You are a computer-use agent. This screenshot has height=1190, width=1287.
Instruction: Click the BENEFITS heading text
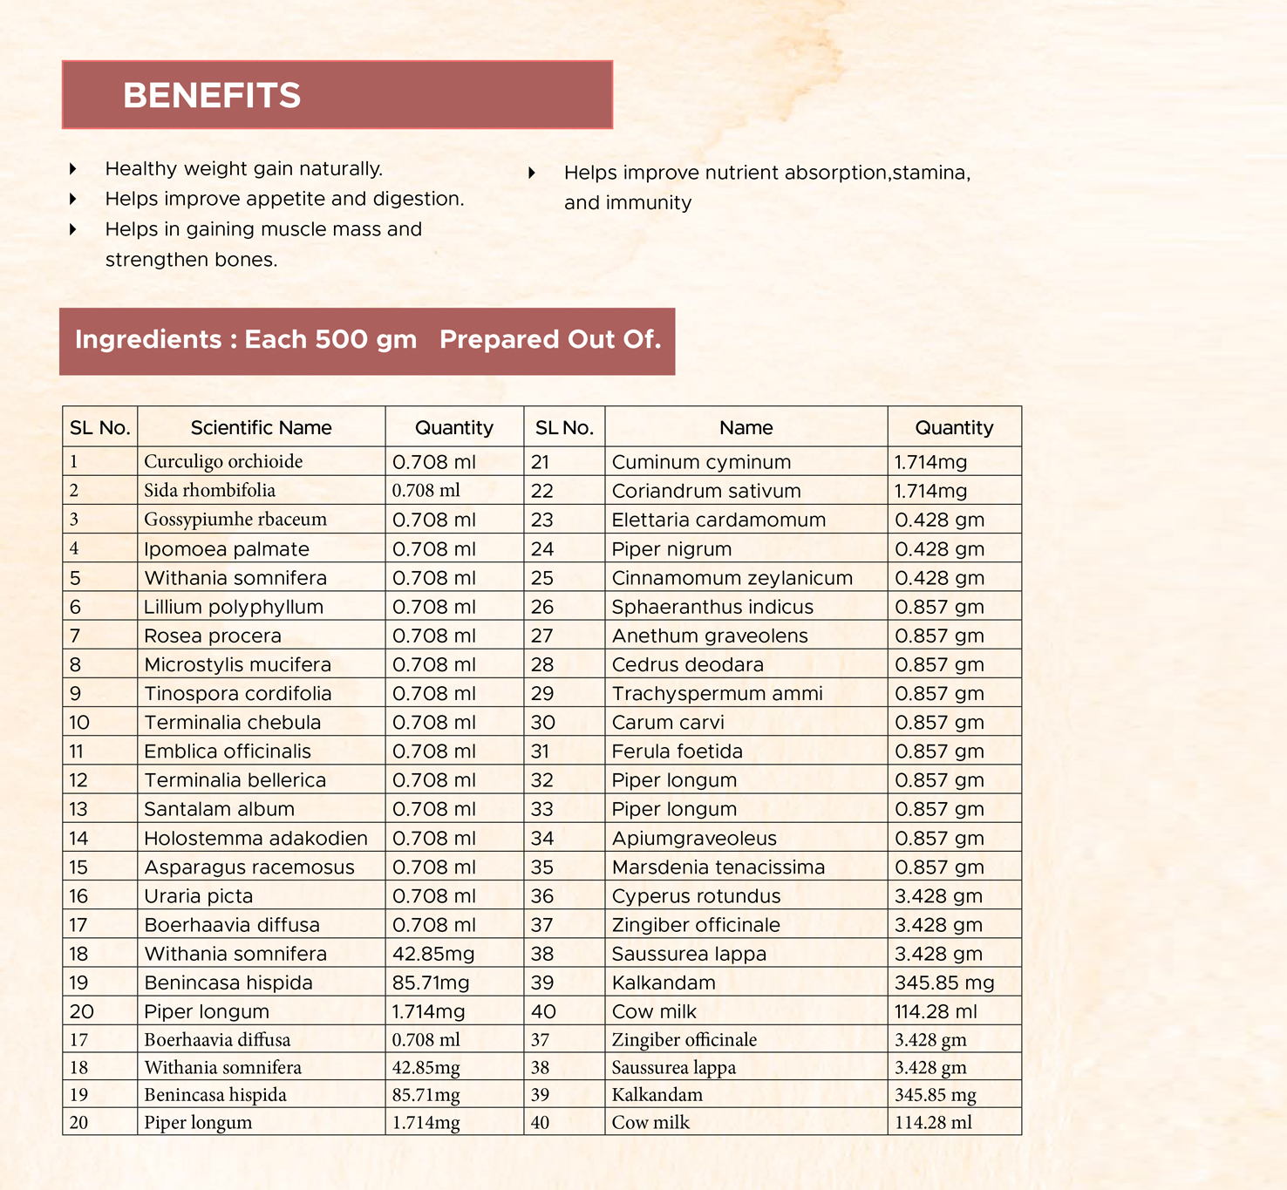tap(212, 96)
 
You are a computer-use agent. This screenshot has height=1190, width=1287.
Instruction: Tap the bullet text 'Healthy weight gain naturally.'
tap(243, 168)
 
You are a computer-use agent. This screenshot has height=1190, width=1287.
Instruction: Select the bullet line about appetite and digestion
tap(284, 199)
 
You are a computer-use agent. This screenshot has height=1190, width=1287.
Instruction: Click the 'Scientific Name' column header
tap(261, 428)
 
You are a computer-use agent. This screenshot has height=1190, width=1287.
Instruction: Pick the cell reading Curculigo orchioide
tap(223, 461)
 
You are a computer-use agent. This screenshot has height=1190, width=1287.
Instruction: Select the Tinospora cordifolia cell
tap(237, 694)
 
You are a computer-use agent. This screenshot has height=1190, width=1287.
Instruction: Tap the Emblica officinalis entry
tap(227, 751)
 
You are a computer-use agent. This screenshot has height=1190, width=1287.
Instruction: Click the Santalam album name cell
tap(219, 809)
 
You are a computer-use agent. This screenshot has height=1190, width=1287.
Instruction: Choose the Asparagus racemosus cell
tap(249, 867)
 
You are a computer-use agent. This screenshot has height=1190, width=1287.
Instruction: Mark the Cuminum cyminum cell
tap(701, 462)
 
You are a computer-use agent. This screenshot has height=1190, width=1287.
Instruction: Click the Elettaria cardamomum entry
tap(718, 520)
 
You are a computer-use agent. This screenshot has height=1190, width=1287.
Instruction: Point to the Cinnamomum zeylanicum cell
tap(732, 578)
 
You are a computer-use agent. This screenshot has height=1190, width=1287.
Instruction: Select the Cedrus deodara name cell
tap(687, 665)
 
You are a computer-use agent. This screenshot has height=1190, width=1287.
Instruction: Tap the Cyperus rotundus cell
tap(696, 896)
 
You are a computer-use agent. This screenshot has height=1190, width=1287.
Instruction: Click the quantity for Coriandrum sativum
tap(930, 491)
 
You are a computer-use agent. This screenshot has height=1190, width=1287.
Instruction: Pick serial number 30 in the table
tap(542, 723)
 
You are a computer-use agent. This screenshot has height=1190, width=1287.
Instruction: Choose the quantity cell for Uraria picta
tap(434, 896)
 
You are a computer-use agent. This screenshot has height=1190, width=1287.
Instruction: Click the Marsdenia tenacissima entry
tap(718, 867)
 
